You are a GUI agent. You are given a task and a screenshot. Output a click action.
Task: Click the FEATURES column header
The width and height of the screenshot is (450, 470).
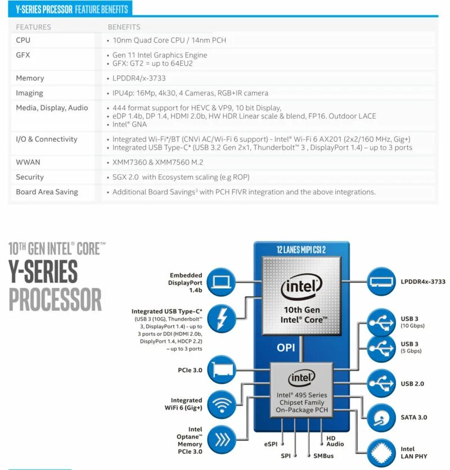33,27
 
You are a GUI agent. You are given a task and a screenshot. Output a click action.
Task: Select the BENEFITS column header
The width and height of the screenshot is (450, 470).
124,27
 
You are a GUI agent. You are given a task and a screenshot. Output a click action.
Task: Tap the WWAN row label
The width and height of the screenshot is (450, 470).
28,162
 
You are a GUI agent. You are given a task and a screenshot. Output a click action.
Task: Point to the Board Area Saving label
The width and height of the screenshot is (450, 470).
47,192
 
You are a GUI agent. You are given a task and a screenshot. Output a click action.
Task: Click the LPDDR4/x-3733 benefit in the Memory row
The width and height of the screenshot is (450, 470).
139,78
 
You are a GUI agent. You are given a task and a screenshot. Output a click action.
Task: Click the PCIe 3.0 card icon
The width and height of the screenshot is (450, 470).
221,370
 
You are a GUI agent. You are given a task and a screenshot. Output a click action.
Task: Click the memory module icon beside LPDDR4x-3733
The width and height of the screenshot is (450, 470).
381,281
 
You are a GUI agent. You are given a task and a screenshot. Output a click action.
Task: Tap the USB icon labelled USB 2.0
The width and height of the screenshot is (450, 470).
381,383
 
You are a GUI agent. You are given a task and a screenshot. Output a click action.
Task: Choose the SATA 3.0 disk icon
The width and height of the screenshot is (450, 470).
381,417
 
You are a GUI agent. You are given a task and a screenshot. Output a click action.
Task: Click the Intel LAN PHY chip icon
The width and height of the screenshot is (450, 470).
381,453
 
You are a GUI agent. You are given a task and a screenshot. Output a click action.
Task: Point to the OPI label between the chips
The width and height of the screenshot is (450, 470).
286,347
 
